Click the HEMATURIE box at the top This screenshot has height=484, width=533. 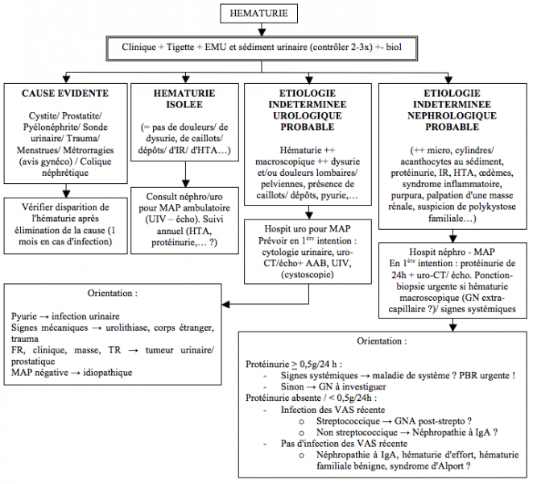pyautogui.click(x=258, y=13)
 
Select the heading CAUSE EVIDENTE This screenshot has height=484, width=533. pyautogui.click(x=65, y=94)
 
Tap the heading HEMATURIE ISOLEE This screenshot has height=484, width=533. pyautogui.click(x=184, y=98)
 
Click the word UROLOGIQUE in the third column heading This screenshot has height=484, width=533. pyautogui.click(x=308, y=115)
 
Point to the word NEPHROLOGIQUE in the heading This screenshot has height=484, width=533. pyautogui.click(x=452, y=115)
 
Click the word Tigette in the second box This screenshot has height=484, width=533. pyautogui.click(x=180, y=47)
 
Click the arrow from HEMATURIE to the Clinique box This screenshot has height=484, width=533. pyautogui.click(x=262, y=30)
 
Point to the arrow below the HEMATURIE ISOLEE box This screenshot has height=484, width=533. pyautogui.click(x=185, y=174)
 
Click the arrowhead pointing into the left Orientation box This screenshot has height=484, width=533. pyautogui.click(x=225, y=304)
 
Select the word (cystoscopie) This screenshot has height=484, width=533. pyautogui.click(x=308, y=274)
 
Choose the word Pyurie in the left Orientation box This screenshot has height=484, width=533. pyautogui.click(x=24, y=316)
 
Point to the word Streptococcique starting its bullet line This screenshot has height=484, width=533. pyautogui.click(x=348, y=421)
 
